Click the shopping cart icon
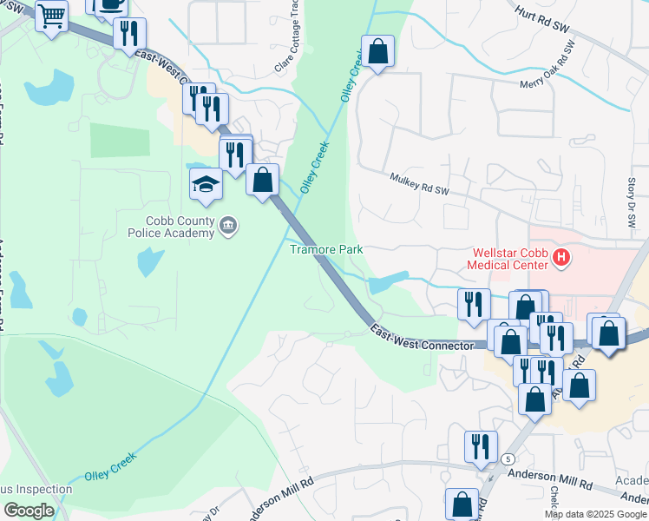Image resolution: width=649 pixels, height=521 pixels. (52, 15)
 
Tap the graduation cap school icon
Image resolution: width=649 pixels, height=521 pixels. (206, 184)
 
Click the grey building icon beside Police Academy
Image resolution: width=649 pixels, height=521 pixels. (228, 227)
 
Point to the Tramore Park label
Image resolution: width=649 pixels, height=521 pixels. (325, 249)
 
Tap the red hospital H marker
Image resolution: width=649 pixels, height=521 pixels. (561, 257)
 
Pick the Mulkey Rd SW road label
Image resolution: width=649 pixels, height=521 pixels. (421, 183)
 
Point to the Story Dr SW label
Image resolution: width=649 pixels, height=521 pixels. (631, 204)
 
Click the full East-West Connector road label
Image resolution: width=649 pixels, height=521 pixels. (423, 338)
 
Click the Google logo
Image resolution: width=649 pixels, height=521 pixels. (29, 511)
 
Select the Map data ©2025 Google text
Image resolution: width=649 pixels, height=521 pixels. (595, 514)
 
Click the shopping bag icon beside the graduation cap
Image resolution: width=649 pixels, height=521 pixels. (262, 181)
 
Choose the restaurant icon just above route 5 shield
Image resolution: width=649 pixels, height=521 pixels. (481, 446)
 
